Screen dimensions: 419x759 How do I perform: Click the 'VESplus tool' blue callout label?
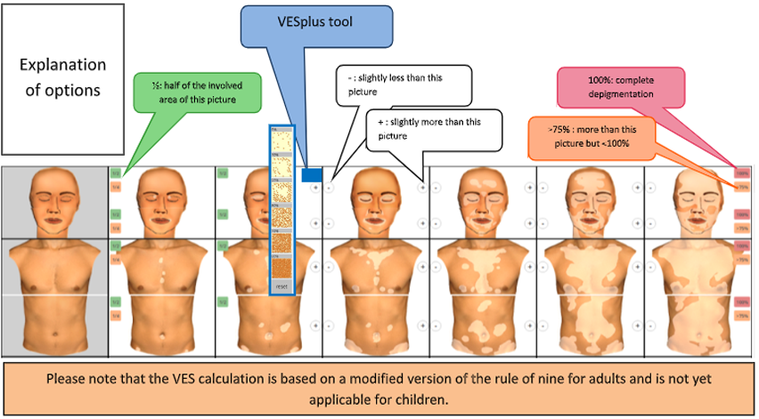[316, 28]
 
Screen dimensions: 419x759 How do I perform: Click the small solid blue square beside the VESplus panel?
[312, 176]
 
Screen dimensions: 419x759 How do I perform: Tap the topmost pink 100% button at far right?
[741, 172]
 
